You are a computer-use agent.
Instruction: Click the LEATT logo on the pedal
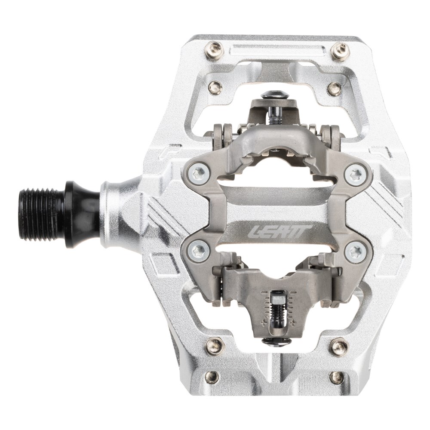tap(279, 231)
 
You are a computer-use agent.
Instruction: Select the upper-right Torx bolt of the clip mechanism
tap(356, 174)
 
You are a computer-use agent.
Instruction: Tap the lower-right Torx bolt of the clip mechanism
tap(355, 251)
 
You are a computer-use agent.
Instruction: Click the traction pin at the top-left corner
tap(213, 50)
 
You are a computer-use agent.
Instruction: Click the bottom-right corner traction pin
tap(337, 378)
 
